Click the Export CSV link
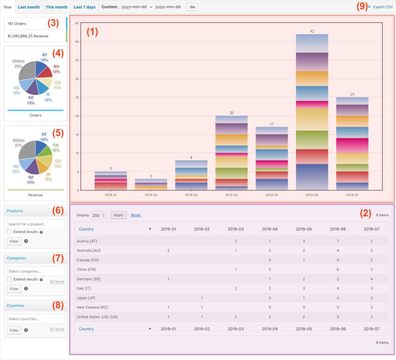[382, 7]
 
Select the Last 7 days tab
[84, 7]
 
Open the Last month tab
[29, 7]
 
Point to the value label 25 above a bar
[352, 94]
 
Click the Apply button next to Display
[118, 215]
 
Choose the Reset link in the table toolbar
[136, 215]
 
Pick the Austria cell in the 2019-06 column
[338, 241]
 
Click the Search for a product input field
[36, 224]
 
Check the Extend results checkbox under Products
[9, 232]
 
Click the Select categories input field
[36, 271]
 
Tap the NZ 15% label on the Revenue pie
[31, 180]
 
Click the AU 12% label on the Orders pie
[56, 69]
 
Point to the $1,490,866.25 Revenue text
[28, 36]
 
